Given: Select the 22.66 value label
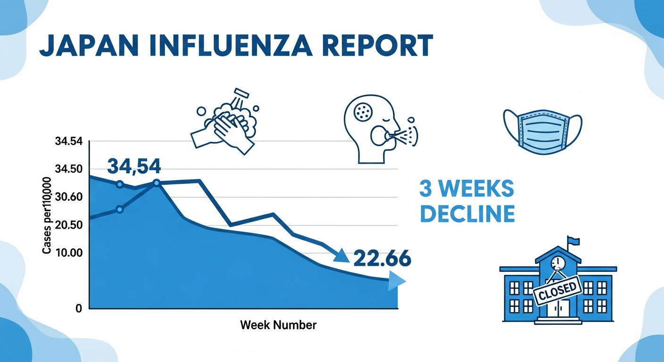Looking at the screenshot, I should coord(382,258).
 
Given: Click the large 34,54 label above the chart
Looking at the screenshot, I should coord(134,165).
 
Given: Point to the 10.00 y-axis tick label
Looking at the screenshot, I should coord(69,253).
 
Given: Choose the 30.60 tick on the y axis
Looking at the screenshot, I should coord(69,197).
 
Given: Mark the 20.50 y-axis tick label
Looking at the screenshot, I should coord(69,225).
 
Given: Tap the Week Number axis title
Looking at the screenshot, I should coord(278,325).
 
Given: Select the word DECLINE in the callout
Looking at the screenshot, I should coord(467,214).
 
